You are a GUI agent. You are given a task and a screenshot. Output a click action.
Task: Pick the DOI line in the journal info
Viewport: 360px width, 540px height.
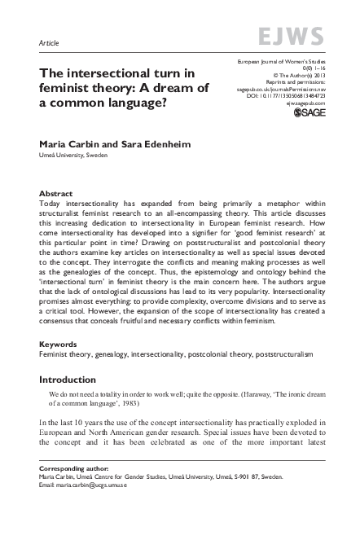[x=284, y=95]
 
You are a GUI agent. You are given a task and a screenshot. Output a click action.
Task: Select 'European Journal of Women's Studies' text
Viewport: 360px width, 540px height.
[x=280, y=63]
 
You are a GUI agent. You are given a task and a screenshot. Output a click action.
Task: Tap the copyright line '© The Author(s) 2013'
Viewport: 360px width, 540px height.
[x=297, y=79]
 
